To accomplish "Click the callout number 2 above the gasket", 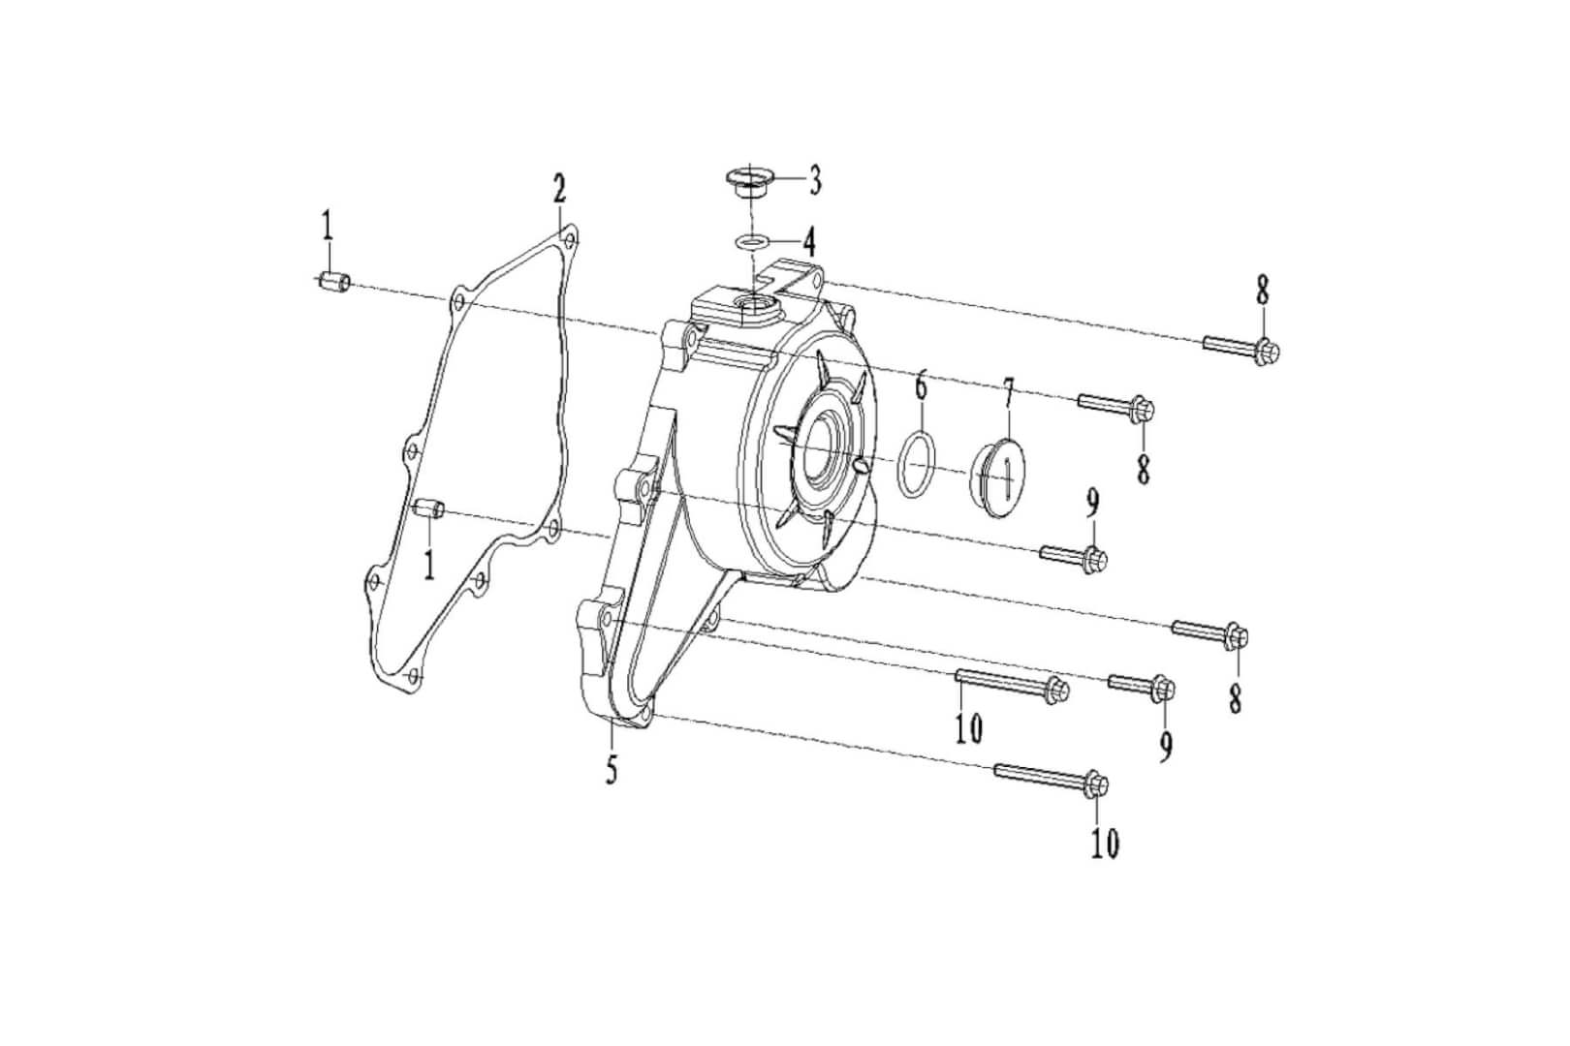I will click(x=559, y=190).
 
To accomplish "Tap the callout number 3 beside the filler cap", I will click(x=815, y=179).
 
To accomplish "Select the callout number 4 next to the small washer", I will click(x=808, y=241).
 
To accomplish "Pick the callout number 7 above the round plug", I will click(x=1008, y=394).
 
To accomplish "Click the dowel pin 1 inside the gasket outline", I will click(x=428, y=508).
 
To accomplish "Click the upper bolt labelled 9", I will click(x=1073, y=556).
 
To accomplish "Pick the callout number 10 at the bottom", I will click(x=1104, y=844).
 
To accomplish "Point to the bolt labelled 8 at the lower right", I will click(x=1210, y=633).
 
